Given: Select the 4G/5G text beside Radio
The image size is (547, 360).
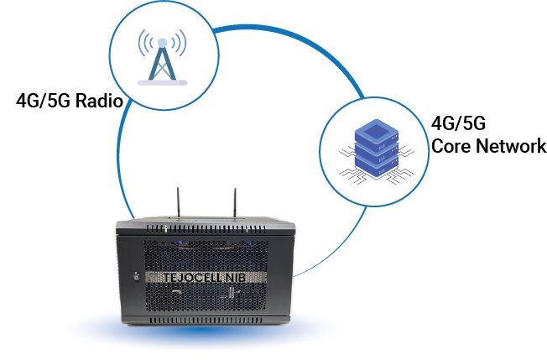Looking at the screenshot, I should [x=43, y=102].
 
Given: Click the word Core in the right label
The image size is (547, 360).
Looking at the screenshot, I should [x=449, y=146].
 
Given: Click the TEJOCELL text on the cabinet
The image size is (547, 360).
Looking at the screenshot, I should [x=183, y=275].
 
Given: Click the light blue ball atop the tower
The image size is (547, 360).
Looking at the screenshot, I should [x=163, y=41].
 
